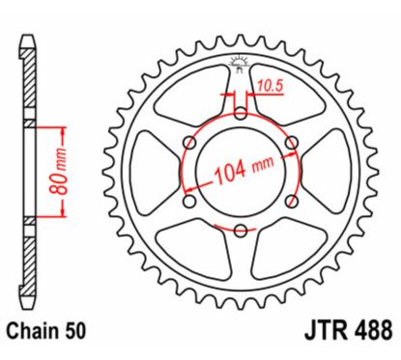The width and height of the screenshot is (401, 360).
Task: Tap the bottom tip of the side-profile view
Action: [x=26, y=301]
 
